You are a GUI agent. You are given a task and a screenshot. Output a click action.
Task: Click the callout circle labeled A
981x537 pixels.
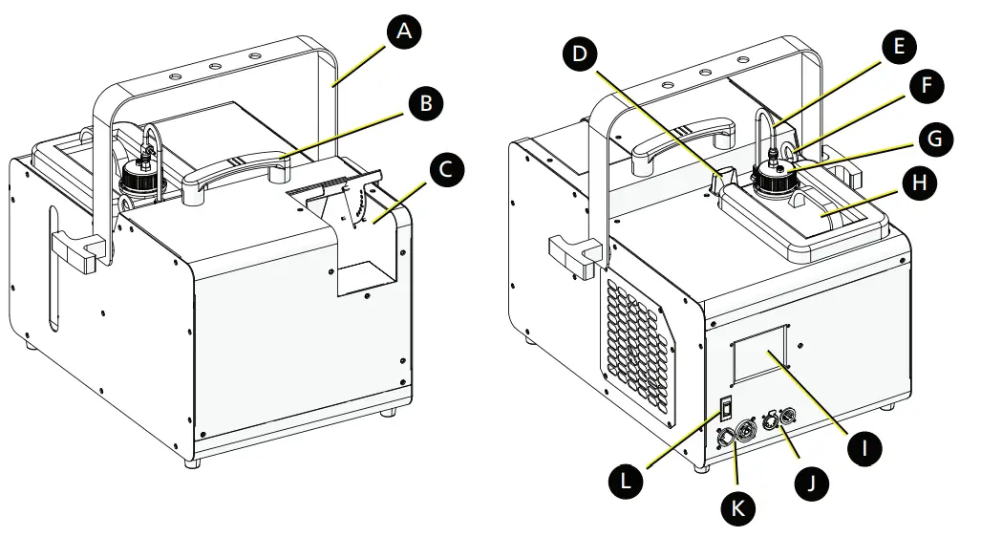405,32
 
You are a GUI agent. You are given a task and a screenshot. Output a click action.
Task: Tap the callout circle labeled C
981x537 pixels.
447,172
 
